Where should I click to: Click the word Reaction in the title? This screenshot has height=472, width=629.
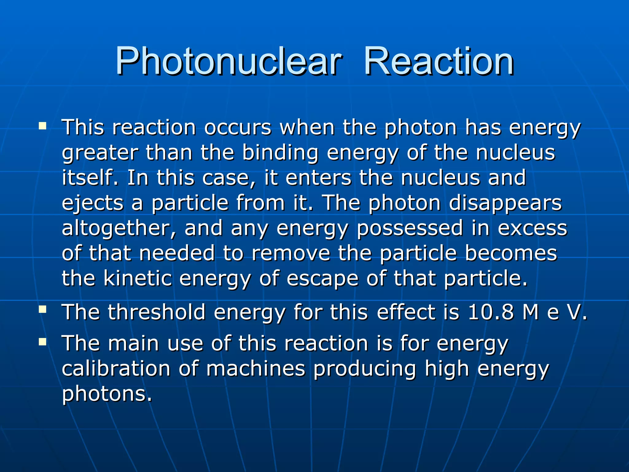pyautogui.click(x=439, y=61)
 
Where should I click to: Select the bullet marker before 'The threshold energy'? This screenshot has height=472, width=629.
pyautogui.click(x=42, y=309)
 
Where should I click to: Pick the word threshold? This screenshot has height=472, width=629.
pyautogui.click(x=157, y=312)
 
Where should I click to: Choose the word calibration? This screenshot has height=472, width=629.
pyautogui.click(x=116, y=369)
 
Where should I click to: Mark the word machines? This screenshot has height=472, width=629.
pyautogui.click(x=256, y=369)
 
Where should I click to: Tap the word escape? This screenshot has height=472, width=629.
pyautogui.click(x=322, y=279)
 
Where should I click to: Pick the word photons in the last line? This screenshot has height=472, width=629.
pyautogui.click(x=107, y=394)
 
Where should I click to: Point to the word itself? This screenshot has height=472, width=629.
pyautogui.click(x=90, y=178)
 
